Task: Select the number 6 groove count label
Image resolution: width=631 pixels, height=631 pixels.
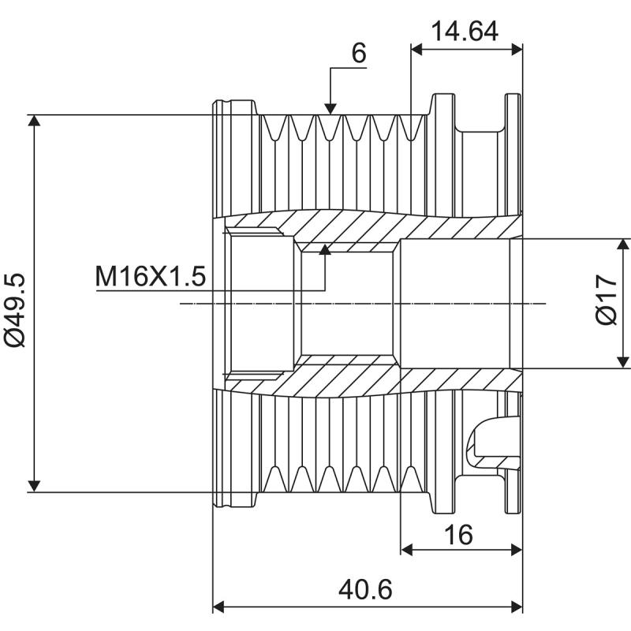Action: point(358,53)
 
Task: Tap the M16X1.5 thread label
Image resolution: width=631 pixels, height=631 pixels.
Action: point(151,277)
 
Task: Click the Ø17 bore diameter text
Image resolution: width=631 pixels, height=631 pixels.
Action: point(606,303)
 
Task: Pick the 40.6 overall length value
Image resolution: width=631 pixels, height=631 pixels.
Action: point(367,589)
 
